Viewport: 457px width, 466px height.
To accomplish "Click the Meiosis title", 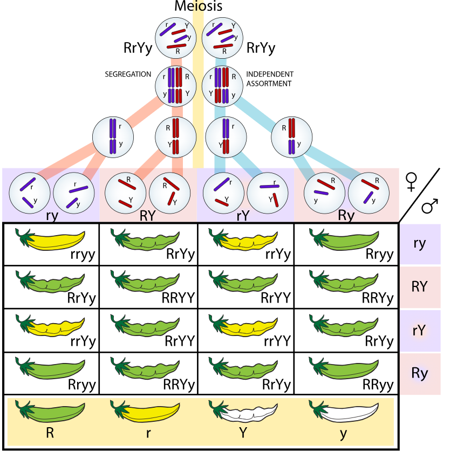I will [198, 6].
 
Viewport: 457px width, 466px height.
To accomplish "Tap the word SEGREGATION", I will [128, 74].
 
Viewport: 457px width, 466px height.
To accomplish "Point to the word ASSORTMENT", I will [269, 84].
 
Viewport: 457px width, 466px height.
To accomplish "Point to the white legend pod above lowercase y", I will [343, 413].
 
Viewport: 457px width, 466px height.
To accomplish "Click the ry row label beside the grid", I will [420, 243].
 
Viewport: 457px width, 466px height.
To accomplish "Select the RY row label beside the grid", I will [420, 286].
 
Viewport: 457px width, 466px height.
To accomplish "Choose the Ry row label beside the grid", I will [420, 373].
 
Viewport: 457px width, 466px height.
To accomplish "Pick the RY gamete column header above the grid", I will [147, 216].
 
